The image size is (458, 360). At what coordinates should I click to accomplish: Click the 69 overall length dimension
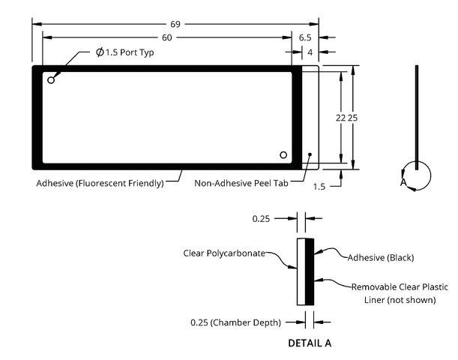point(175,24)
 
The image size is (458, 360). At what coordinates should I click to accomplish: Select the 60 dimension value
point(167,37)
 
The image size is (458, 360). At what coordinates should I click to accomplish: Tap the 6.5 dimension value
point(305,37)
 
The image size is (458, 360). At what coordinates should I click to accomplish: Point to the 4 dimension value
point(310,52)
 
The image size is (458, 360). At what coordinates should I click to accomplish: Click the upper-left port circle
point(51,80)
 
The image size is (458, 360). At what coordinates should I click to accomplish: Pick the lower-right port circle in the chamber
point(283,154)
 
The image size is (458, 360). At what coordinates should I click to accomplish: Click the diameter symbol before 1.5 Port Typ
point(100,52)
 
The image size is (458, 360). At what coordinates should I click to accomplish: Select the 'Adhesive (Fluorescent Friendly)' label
point(100,183)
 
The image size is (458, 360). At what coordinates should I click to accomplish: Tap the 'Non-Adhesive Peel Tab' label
point(241,183)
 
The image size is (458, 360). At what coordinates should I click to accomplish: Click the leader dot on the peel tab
point(310,154)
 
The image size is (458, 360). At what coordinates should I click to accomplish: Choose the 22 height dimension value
point(340,118)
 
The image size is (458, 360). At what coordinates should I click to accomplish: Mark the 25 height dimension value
point(352,118)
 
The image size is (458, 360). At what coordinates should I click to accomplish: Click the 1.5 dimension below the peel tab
point(319,187)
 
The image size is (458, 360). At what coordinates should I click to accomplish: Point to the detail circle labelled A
point(430,176)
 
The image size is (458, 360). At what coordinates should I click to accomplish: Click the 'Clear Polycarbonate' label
point(224,253)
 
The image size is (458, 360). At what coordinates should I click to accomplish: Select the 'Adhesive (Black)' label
point(381,258)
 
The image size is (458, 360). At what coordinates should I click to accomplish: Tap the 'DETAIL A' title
point(310,343)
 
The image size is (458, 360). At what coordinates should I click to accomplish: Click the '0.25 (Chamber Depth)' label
point(235,322)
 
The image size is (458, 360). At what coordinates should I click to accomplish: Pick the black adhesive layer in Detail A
point(310,272)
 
